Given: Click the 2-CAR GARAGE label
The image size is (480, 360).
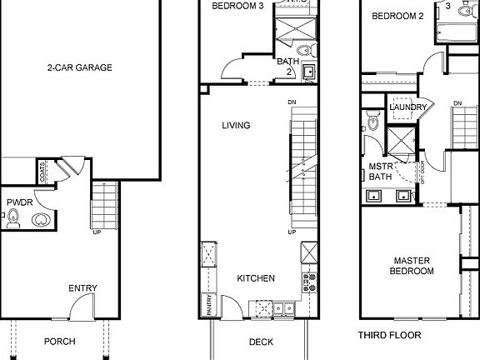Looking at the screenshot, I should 80,68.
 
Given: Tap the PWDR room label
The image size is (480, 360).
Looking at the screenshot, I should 18,202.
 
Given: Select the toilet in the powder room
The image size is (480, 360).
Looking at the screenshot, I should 13,220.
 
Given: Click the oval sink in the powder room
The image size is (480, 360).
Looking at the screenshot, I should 39,221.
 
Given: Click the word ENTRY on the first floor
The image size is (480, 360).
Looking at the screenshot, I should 83,288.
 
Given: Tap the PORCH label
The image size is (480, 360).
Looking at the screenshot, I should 59,342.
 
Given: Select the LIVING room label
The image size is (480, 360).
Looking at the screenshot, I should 236,126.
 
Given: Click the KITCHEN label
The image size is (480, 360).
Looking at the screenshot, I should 256,278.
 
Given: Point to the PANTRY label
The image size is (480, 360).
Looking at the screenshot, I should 206,306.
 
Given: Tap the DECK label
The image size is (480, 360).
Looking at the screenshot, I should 262,342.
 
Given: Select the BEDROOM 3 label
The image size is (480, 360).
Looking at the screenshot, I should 237,6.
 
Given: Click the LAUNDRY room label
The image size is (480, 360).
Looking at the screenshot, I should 408,107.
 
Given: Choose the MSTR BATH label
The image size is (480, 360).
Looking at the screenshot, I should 380,171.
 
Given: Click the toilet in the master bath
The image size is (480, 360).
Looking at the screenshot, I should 372,125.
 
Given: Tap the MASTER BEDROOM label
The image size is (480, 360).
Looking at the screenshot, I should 412,266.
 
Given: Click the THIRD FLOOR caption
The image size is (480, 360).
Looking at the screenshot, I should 389,335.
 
